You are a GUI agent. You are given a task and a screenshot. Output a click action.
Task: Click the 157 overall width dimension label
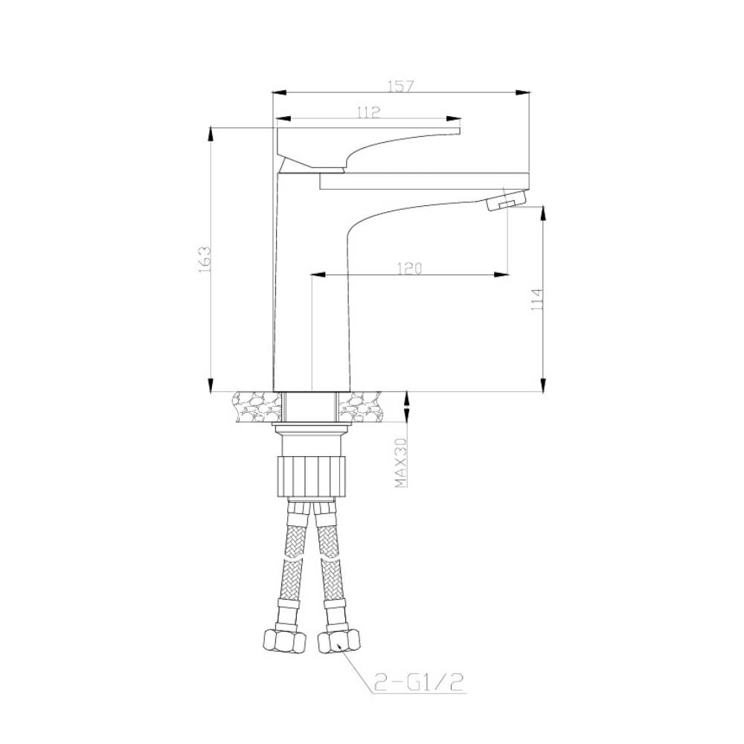[x=401, y=86]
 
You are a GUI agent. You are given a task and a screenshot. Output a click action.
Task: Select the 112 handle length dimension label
[x=369, y=112]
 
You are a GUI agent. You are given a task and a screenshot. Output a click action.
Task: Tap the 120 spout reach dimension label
[x=409, y=268]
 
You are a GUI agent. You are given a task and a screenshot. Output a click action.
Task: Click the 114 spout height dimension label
[x=537, y=299]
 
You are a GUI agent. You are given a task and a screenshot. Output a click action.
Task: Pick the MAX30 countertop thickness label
[x=401, y=463]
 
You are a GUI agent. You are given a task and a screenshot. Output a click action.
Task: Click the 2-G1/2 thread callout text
[x=418, y=682]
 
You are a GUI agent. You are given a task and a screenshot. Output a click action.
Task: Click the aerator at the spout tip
[x=506, y=199]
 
